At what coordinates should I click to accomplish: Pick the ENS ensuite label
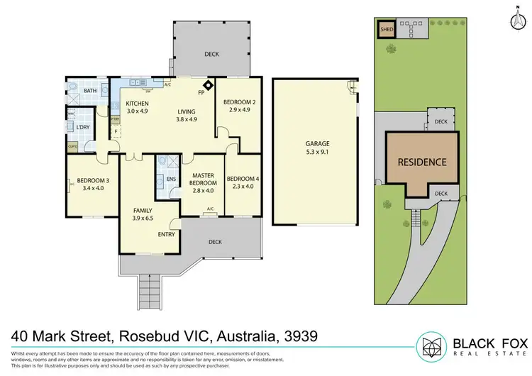click(170, 180)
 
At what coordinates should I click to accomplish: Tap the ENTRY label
click(167, 234)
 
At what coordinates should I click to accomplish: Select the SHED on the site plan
click(387, 30)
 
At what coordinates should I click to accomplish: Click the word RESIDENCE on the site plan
click(422, 162)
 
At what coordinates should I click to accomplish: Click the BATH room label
click(90, 91)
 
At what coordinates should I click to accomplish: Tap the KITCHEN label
click(137, 104)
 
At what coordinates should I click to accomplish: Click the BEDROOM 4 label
click(243, 179)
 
